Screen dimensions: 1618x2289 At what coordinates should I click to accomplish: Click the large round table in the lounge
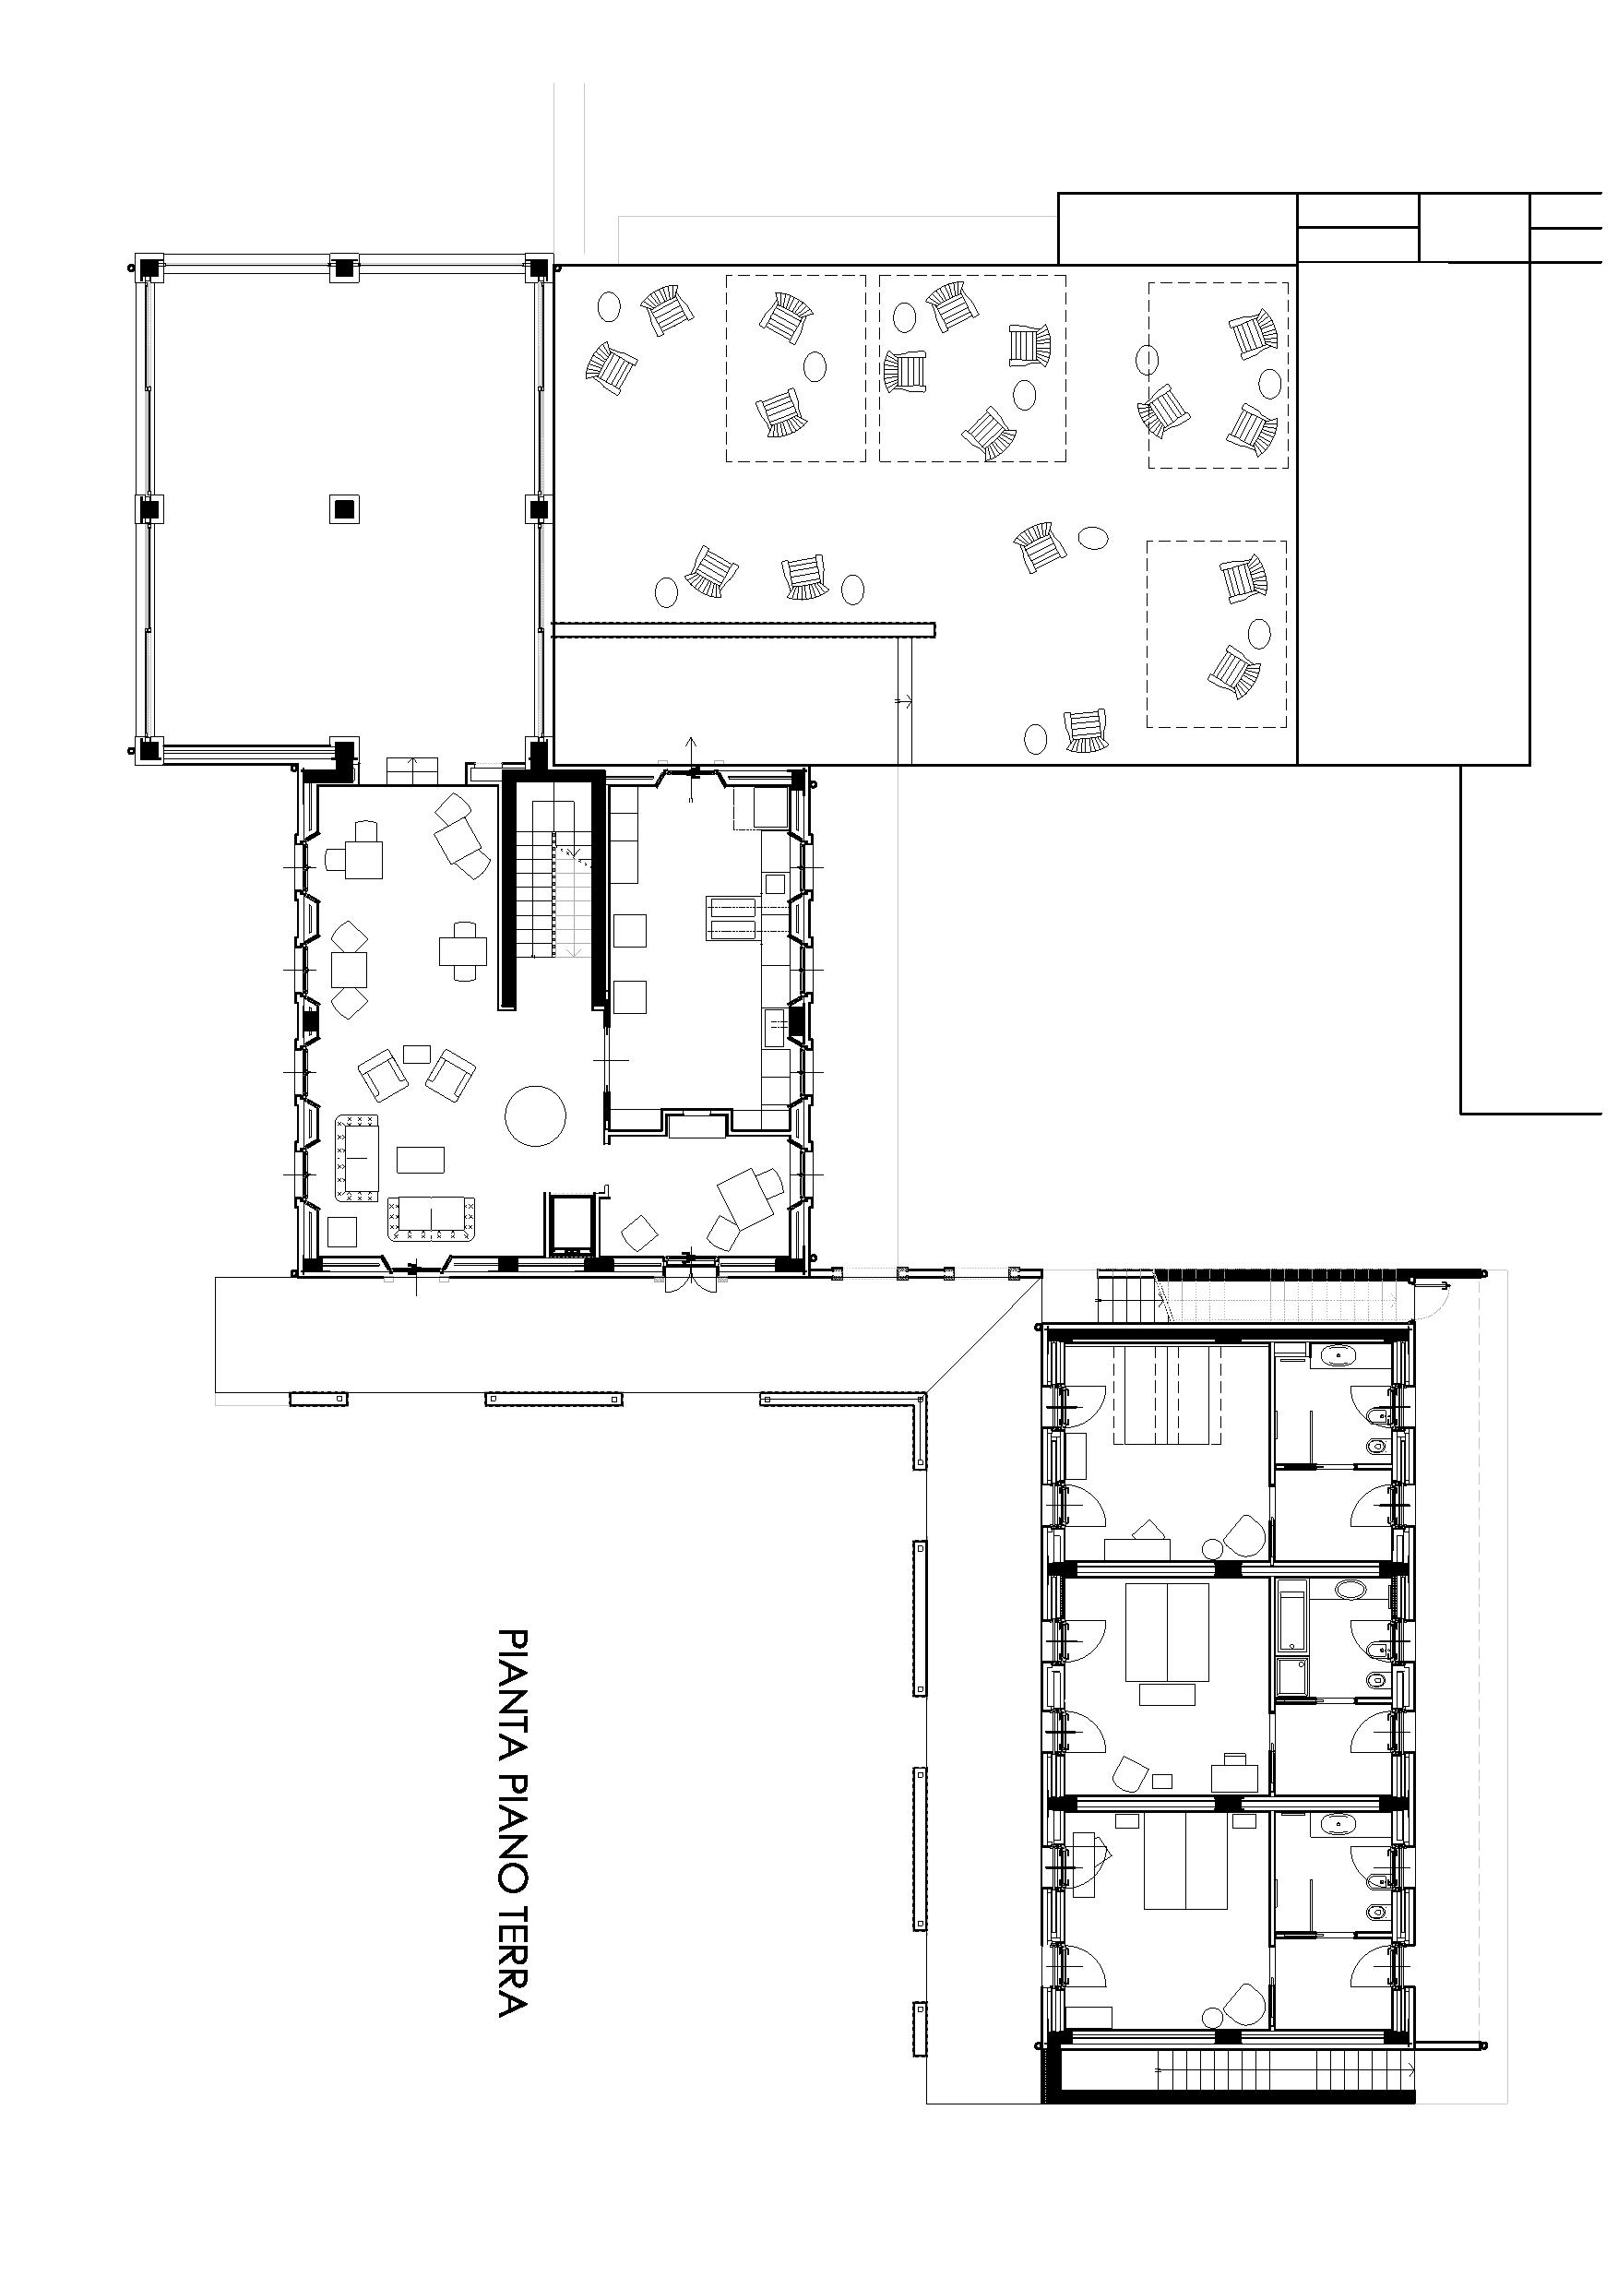point(535,1115)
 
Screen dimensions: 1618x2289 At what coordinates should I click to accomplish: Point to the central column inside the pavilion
point(344,508)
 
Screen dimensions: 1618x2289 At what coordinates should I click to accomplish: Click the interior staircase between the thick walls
point(553,878)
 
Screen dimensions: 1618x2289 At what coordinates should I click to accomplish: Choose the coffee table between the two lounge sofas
point(421,1160)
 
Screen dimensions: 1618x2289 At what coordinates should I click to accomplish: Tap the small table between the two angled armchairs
point(417,1053)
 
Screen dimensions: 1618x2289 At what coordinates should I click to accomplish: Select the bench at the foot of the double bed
point(1168,1694)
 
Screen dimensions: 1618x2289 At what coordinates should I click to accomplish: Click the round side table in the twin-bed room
point(1212,1548)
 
